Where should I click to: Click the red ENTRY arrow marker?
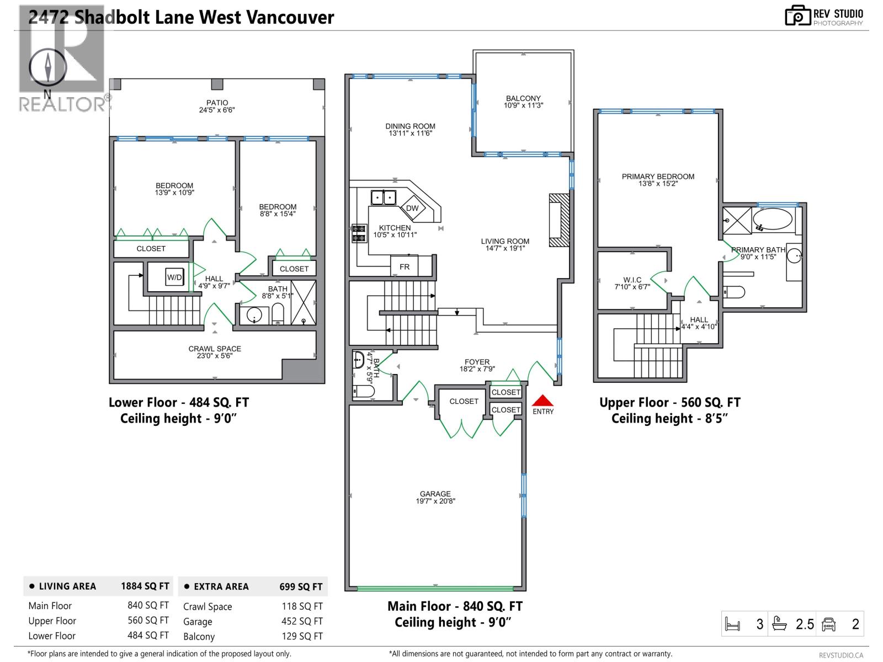(x=542, y=401)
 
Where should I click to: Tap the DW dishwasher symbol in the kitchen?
(x=412, y=208)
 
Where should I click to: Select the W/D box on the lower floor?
(x=174, y=277)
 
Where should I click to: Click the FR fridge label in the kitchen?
(x=405, y=266)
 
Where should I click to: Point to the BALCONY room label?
(x=523, y=98)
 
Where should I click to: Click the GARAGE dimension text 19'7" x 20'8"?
(x=435, y=501)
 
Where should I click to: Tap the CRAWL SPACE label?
(x=215, y=349)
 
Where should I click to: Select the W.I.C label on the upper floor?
(x=632, y=280)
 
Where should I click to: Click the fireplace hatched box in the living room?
(x=558, y=220)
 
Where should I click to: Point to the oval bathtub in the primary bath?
(x=773, y=219)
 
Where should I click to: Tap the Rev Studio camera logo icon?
(x=797, y=15)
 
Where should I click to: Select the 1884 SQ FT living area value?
(x=145, y=586)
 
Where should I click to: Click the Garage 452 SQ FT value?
(x=302, y=621)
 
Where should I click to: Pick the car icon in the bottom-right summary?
(x=828, y=624)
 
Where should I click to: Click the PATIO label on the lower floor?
(x=217, y=103)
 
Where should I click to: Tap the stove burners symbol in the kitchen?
(x=359, y=233)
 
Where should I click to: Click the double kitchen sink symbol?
(x=384, y=197)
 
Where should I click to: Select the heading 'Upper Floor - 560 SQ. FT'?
(x=669, y=403)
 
